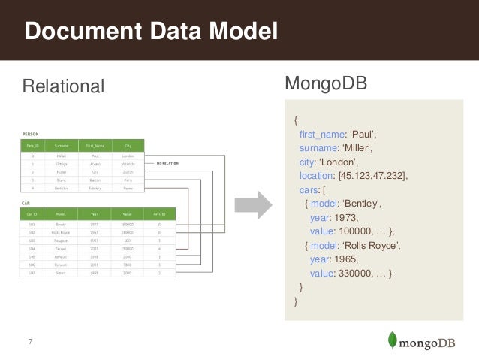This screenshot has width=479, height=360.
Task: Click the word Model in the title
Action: tap(240, 32)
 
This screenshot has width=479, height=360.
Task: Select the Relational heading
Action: tap(64, 85)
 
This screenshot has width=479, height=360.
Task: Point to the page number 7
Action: tap(30, 343)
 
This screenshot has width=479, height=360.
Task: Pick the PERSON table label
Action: tap(31, 133)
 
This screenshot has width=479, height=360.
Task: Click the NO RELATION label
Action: tap(170, 162)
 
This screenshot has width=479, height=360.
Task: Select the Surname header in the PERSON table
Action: tap(62, 145)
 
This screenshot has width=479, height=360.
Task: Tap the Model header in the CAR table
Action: tap(62, 213)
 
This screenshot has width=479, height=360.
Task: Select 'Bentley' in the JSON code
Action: tap(363, 204)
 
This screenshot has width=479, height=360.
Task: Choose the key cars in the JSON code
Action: tap(309, 189)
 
